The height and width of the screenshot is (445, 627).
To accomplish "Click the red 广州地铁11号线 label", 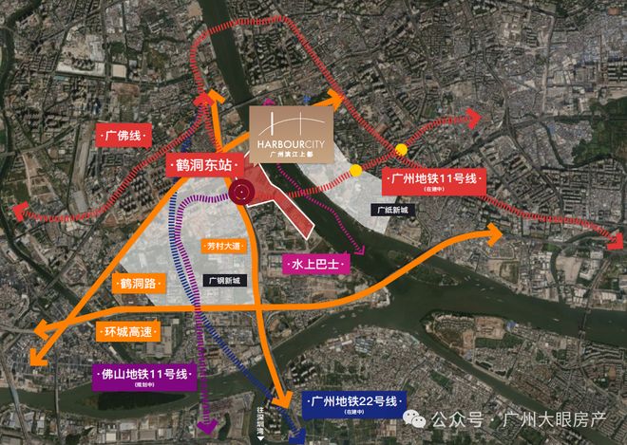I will [x=434, y=178].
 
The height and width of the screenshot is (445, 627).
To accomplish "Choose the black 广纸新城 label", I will [x=390, y=211].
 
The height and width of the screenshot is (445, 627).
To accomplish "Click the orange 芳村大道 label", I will [x=224, y=246].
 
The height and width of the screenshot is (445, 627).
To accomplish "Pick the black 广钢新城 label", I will [x=224, y=281].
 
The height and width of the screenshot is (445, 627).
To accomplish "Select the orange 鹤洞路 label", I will [x=138, y=283].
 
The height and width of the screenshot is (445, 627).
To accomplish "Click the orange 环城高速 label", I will [x=127, y=332].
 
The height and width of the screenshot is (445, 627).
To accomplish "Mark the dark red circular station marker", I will [x=242, y=192].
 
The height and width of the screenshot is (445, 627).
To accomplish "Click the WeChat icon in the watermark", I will [x=415, y=418].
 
